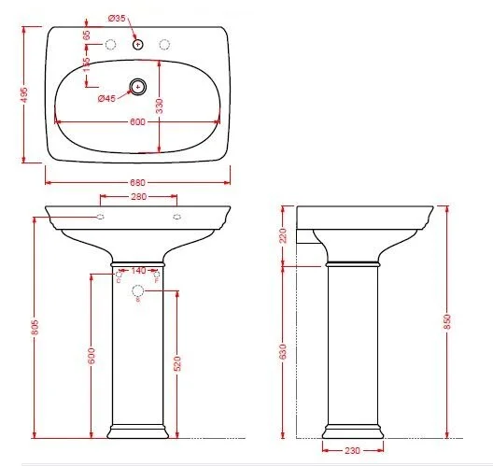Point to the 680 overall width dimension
[x=138, y=181]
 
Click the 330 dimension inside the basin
[x=160, y=107]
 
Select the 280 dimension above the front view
[x=138, y=196]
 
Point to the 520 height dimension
[x=176, y=362]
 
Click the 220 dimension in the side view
[x=284, y=235]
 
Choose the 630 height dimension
[x=284, y=351]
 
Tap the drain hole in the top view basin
[x=138, y=87]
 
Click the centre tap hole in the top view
[x=138, y=43]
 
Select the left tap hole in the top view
[x=110, y=43]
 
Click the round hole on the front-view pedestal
[x=138, y=289]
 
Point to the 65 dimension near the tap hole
[x=87, y=35]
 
